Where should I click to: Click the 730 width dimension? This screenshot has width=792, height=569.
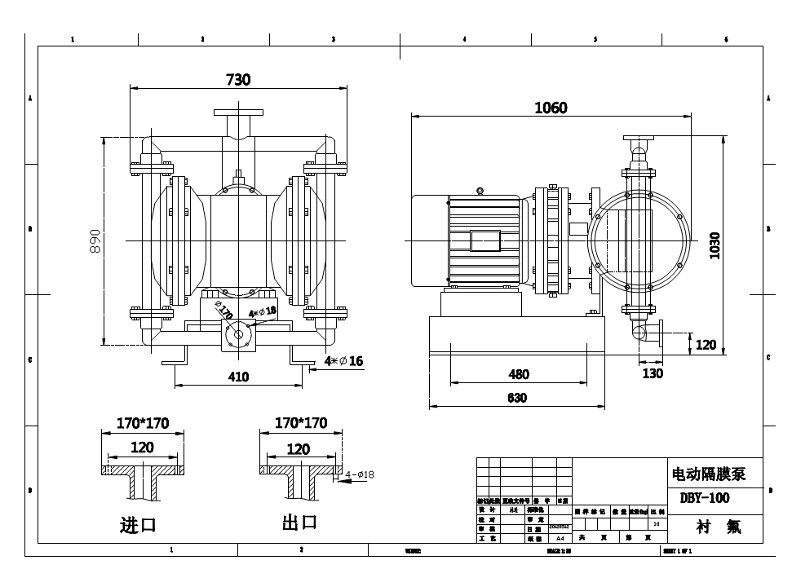(237, 79)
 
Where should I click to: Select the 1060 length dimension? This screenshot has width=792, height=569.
(551, 108)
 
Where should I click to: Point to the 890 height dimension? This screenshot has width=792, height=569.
(95, 240)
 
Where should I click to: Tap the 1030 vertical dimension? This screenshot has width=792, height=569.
(715, 245)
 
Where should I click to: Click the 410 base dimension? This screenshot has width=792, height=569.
(239, 377)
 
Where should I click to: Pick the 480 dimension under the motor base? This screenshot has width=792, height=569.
(519, 374)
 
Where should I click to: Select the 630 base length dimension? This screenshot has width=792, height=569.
(517, 398)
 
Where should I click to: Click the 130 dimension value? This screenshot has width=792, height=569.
(653, 373)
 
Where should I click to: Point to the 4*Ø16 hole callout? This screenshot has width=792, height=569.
(343, 360)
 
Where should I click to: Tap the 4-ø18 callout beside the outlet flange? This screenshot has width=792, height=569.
(360, 474)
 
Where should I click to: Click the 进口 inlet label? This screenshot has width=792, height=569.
(138, 524)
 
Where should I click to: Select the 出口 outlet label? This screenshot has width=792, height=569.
(299, 523)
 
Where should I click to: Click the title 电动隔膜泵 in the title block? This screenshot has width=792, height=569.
(708, 474)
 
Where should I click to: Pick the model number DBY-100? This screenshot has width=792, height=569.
(704, 497)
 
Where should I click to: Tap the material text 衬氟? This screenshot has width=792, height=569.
(718, 527)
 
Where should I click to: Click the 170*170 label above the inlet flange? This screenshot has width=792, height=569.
(143, 423)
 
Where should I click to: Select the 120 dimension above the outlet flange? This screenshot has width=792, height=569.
(299, 448)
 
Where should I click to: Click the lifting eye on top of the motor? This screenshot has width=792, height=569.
(480, 192)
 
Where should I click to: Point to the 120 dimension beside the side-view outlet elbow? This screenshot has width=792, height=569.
(706, 345)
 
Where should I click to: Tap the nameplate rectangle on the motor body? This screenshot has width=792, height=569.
(485, 240)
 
